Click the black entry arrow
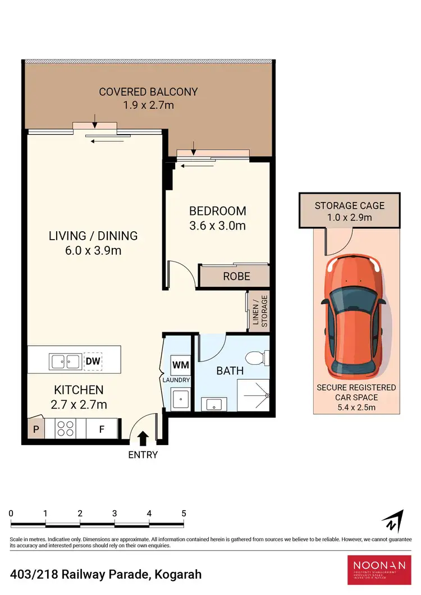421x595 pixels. point(143,437)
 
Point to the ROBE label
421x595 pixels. point(236,277)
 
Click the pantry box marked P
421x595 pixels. point(36,429)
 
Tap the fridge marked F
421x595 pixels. point(102,429)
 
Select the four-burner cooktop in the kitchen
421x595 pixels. point(66,429)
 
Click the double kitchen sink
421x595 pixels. point(66,361)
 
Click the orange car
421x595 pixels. point(353,321)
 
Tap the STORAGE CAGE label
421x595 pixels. point(350,205)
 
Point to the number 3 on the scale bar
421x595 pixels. point(115,513)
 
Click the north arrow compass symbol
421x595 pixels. point(393,521)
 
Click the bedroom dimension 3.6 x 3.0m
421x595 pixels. point(217,226)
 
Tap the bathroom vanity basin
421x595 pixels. point(213,404)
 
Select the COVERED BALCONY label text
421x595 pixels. point(148,91)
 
